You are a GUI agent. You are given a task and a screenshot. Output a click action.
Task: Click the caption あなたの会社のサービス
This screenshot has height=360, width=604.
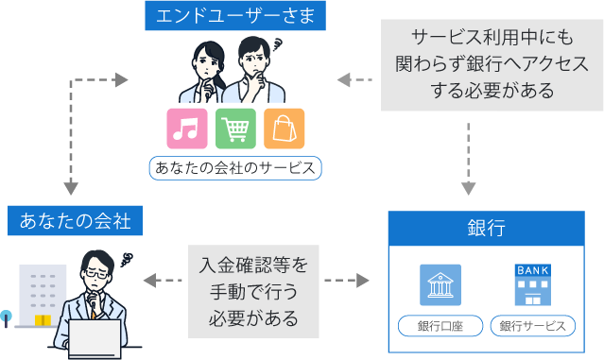coord(235,168)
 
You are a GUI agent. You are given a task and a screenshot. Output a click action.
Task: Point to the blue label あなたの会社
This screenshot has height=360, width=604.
coord(75,223)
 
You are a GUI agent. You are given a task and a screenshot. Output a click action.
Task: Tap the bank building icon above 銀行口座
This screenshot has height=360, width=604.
coord(440,283)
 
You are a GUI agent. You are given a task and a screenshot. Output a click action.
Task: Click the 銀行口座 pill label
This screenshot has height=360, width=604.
coord(440,326)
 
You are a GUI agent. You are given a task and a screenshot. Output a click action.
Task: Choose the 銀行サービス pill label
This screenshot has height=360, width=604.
coord(533,326)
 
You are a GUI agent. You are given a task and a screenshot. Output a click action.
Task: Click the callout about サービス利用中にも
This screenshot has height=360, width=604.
coord(485,64)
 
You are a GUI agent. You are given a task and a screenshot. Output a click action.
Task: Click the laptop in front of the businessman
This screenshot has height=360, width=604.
coord(94,339)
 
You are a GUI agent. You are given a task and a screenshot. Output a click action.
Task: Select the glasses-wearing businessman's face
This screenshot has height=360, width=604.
coord(97,277)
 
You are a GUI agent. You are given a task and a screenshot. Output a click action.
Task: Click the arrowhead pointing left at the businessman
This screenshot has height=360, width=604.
coord(148,281)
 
